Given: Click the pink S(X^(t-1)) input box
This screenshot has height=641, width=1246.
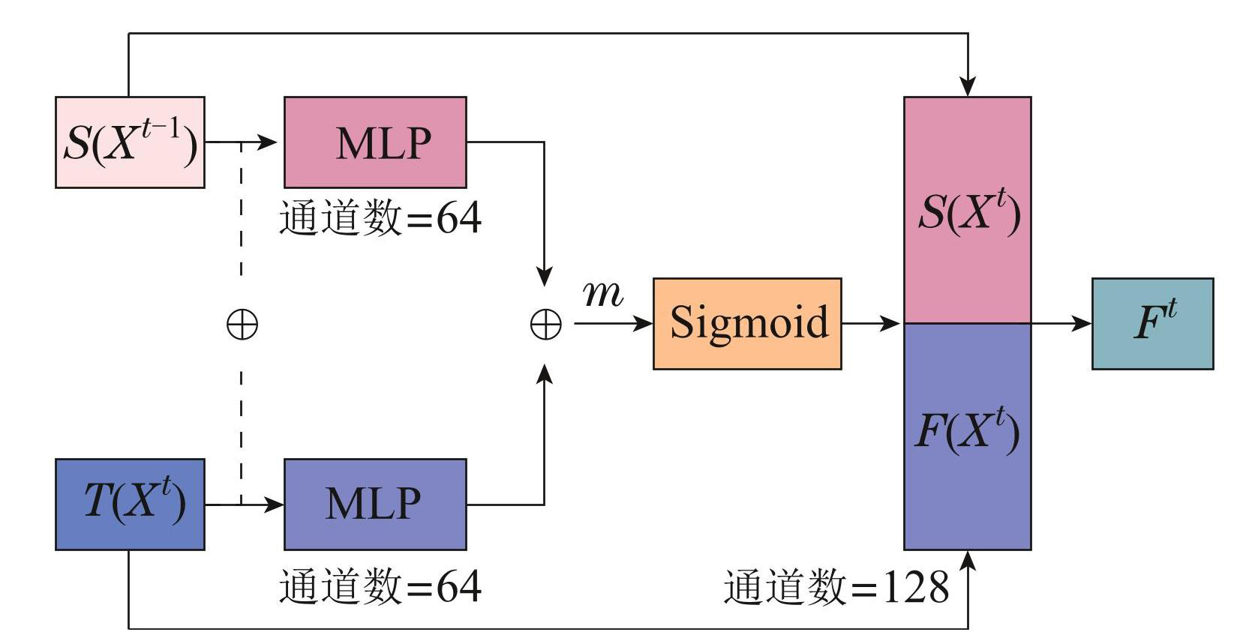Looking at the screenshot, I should [130, 142].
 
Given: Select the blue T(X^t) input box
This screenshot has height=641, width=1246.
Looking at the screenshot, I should [130, 504].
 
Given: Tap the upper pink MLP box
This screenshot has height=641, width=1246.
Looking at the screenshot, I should [375, 142].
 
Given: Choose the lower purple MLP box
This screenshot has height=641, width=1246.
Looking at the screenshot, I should [375, 504].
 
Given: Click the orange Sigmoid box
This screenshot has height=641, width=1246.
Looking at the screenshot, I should [747, 324].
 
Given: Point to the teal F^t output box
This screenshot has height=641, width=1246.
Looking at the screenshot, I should [1152, 324].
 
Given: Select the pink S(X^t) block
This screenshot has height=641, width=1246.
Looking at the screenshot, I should [968, 211].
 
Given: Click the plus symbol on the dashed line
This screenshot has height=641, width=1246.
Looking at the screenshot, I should [242, 325].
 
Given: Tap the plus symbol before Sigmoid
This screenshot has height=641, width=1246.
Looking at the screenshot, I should [545, 325].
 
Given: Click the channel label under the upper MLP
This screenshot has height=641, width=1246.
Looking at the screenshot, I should [380, 218].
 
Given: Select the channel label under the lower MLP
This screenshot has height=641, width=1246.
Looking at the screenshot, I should [380, 586].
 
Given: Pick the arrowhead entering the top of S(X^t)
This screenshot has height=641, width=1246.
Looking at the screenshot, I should [968, 87].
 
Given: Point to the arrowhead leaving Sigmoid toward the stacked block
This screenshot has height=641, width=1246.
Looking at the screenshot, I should [893, 324].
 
